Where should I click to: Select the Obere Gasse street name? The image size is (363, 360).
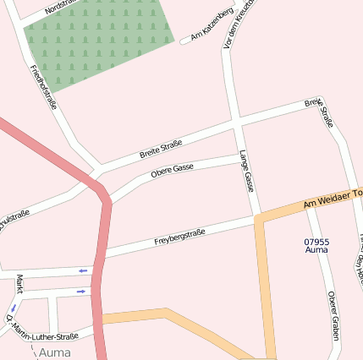172,171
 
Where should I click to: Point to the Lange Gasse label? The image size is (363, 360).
246,171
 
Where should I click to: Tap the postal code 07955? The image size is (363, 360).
316,242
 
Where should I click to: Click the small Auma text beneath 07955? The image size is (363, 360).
316,251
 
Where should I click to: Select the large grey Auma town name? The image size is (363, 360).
55,351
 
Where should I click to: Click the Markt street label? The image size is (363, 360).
19,284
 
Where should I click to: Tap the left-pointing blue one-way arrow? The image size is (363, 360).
83,270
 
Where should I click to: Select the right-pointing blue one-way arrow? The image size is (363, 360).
81,292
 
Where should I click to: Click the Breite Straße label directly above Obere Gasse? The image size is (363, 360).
162,150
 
